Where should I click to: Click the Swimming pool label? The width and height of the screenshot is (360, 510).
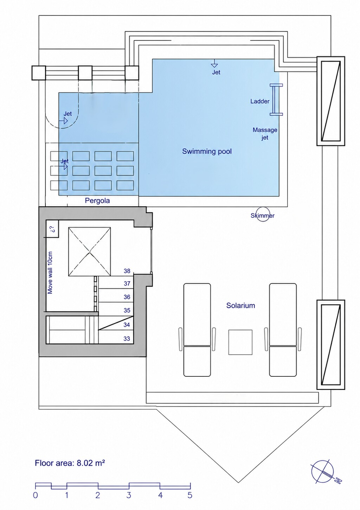pos(207,151)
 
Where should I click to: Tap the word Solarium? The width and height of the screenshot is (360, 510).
pos(240,305)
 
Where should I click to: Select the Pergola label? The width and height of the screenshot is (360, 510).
pos(97,200)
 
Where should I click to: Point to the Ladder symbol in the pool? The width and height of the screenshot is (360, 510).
pos(276,100)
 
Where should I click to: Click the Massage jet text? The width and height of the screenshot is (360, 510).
pos(265,134)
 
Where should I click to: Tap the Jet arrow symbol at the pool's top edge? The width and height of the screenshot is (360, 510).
pos(214,64)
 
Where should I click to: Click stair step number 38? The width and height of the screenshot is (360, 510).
pos(127,271)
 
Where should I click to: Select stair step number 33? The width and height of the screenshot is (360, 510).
pos(127,339)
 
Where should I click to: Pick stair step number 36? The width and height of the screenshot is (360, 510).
pos(127,297)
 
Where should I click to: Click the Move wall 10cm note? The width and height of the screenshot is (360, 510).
pos(50,273)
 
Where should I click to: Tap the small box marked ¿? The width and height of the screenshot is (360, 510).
pos(53,229)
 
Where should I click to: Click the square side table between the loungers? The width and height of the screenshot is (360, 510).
pos(240,342)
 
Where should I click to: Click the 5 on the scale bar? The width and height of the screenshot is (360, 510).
pos(190,495)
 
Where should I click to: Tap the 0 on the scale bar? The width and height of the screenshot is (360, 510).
pos(36,495)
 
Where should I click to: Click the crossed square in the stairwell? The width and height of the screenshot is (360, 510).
pos(89,251)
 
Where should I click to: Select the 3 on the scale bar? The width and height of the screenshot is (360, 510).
pos(129,495)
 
